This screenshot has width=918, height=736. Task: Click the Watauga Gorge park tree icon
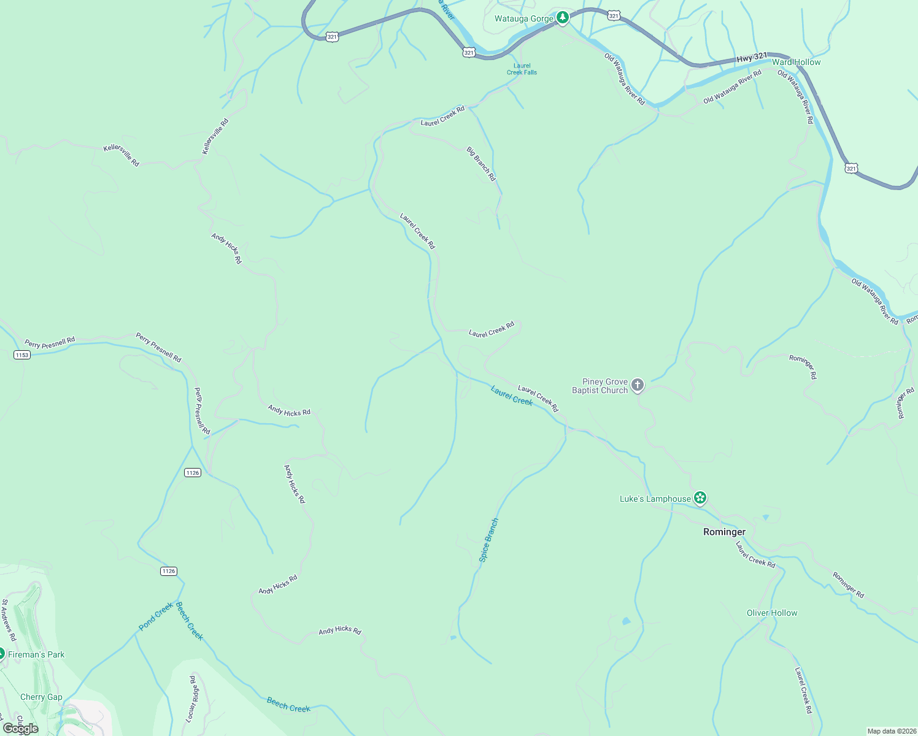point(563,18)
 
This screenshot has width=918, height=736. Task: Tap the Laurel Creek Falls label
point(522,69)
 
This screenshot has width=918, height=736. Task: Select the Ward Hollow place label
point(796,62)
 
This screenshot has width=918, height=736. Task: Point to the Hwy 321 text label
point(752,57)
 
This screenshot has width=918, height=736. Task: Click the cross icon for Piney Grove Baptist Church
point(638,385)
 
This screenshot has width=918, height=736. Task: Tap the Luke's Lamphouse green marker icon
point(700,498)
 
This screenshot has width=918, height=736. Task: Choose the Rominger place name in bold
point(724,532)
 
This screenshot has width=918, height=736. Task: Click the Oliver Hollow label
point(772,613)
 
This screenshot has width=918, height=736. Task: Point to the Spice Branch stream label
point(488,540)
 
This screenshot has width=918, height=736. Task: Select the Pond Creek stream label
point(156,616)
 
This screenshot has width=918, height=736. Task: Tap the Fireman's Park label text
point(36,654)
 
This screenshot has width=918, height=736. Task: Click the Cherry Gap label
point(41,697)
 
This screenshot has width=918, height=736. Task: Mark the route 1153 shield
point(21,355)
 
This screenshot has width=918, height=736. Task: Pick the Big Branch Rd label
point(480,164)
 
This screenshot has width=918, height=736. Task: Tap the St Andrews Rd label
point(9,620)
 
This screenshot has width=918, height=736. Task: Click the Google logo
point(20,729)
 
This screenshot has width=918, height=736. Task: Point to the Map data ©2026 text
point(890,731)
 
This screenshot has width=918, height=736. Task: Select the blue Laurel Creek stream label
point(512,396)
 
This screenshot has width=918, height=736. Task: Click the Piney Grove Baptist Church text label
point(600,386)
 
